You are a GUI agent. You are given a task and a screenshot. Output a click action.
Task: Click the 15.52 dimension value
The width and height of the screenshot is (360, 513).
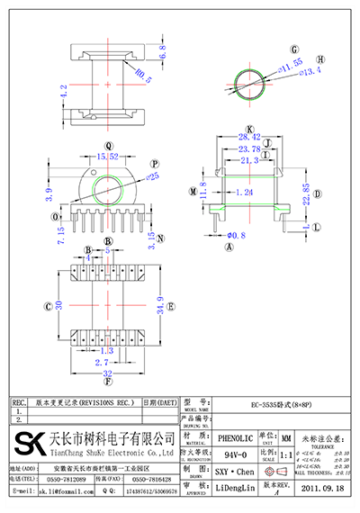tap(109, 157)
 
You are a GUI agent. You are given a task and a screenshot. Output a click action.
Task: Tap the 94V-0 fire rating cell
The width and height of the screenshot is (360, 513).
tap(237, 454)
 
